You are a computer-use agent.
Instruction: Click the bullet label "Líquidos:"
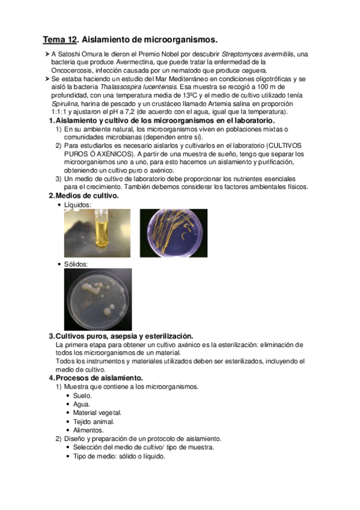(78, 205)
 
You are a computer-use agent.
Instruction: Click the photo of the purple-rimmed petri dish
(174, 233)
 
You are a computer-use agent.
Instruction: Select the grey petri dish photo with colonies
(97, 298)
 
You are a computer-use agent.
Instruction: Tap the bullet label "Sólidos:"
(76, 264)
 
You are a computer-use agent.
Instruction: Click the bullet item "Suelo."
(82, 395)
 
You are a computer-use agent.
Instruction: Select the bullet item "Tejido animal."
(93, 421)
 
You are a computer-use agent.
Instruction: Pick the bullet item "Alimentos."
(88, 430)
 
